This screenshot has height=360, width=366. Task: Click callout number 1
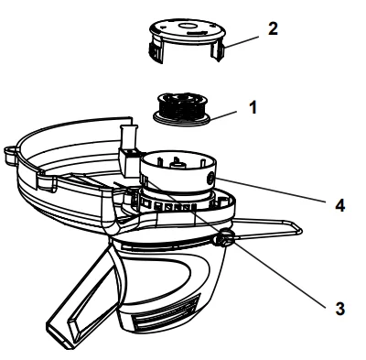point(253,108)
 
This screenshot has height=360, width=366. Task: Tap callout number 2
point(273,28)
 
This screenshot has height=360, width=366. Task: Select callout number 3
point(339,308)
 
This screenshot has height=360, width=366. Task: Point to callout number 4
point(340,205)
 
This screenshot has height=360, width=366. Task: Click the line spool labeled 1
point(181,110)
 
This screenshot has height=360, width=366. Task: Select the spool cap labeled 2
point(187,40)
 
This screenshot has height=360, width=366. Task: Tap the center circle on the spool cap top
point(186,27)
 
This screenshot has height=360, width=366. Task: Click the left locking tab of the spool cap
point(156,52)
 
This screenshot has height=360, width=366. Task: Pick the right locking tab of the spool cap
point(219,51)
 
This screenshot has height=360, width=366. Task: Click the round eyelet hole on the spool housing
point(210,179)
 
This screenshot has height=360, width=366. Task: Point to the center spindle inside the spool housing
point(178,164)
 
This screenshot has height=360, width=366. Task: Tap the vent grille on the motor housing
point(167,312)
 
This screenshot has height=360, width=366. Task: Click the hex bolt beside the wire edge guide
point(224,238)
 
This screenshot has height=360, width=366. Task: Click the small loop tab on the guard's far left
point(11,155)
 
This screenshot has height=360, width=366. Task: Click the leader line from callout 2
point(242,42)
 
